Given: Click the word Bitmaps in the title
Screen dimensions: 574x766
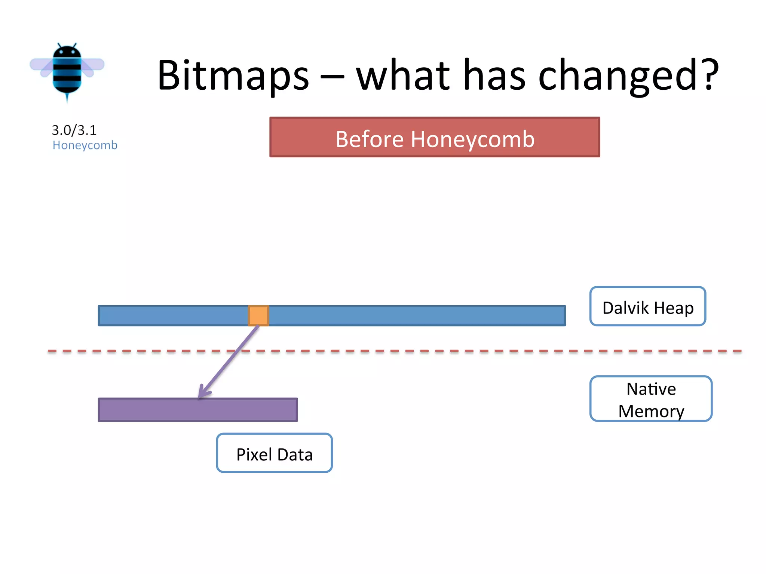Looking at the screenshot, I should (x=233, y=76).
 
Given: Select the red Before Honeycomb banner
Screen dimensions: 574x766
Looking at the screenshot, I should (x=435, y=137).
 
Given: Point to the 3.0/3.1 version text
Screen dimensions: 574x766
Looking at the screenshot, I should (x=74, y=130).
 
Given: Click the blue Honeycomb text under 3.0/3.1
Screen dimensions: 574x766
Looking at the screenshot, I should (x=85, y=145).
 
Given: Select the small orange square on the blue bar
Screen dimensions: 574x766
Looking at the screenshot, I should (x=258, y=315).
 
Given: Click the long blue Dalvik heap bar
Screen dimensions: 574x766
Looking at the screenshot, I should (x=411, y=316).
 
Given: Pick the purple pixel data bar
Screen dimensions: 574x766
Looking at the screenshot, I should (x=197, y=410).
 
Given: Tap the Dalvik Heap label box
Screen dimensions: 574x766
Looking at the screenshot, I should (x=647, y=306).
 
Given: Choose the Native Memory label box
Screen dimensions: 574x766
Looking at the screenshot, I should (x=651, y=399).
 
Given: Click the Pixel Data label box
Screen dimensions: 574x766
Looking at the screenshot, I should (x=274, y=453).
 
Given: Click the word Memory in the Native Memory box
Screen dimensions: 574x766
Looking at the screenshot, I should (x=651, y=411).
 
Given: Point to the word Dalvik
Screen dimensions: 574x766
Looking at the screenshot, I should (x=625, y=308).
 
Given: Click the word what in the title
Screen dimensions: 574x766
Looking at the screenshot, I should (x=402, y=76).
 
